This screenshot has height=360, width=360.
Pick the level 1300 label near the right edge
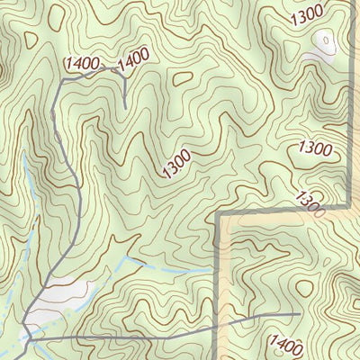coord(315,148)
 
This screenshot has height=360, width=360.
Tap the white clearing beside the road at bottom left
coord(67,292)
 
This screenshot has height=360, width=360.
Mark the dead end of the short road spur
coord(125,108)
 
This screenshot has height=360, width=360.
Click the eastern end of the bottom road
coord(300,314)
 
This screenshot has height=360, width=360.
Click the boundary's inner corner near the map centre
coord(219,216)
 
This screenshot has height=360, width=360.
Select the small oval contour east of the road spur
coord(183,78)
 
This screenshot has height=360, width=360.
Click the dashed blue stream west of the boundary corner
coord(171,267)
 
